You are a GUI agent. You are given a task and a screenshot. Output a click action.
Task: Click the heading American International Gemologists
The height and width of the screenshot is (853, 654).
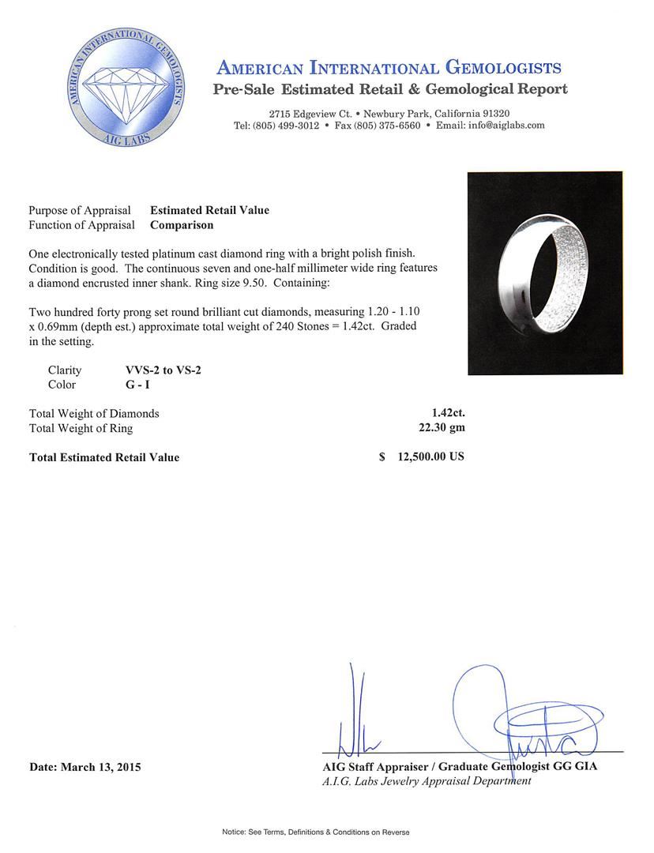[389, 68]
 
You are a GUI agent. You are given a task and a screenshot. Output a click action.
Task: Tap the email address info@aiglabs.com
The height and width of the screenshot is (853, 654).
[502, 126]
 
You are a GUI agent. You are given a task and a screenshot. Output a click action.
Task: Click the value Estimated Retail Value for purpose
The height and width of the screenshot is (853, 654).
[209, 210]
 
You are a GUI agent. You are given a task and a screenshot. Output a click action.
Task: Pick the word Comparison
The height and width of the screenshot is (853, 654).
[182, 224]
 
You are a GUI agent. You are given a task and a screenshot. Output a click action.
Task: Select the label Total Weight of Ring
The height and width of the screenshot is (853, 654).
[81, 428]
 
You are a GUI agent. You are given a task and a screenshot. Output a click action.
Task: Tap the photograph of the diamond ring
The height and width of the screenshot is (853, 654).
[545, 273]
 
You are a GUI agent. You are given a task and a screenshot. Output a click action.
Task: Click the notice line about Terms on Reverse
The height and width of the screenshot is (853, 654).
[315, 832]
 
